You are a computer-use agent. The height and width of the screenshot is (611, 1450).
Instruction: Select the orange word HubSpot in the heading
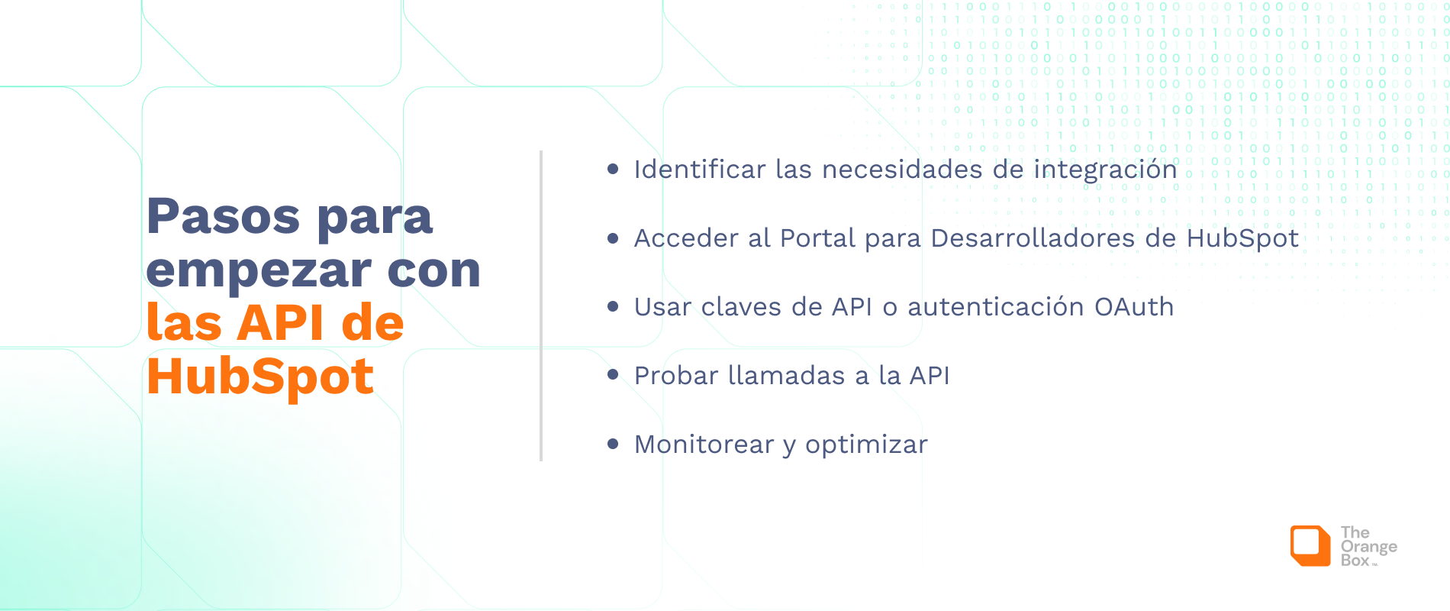(260, 377)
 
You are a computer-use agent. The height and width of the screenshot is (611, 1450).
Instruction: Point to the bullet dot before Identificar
(613, 169)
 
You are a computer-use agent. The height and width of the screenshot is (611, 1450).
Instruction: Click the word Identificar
(700, 170)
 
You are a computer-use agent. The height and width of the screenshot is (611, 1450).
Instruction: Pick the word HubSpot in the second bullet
(1242, 239)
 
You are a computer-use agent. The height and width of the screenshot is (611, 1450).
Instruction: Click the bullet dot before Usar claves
(613, 306)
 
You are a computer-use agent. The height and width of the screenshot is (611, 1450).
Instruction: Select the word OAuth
(1134, 307)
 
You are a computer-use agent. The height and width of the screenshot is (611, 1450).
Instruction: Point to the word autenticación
(996, 307)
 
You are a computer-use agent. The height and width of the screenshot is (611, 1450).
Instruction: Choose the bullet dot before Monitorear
(613, 444)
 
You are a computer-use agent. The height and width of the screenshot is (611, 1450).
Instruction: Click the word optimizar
(866, 445)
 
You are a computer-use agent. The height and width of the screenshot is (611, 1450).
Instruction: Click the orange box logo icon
(1310, 545)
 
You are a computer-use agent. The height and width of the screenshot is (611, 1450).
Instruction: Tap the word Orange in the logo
(1369, 547)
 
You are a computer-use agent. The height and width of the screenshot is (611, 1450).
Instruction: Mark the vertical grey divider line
(541, 305)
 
